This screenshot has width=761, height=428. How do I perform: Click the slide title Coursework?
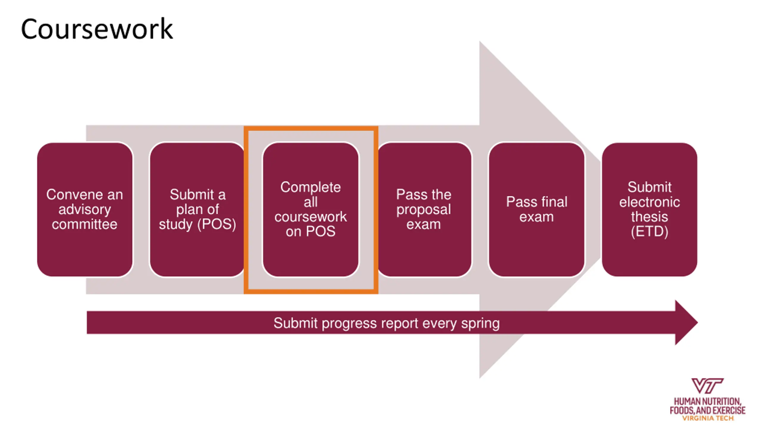97,29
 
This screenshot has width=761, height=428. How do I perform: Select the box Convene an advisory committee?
85,210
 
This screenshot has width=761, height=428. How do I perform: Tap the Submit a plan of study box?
197,210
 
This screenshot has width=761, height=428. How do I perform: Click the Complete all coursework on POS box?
311,210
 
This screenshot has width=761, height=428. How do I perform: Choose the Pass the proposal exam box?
424,210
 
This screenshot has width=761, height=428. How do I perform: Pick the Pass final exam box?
537,210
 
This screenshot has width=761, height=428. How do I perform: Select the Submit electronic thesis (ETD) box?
650,210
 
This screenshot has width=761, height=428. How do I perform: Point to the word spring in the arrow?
480,324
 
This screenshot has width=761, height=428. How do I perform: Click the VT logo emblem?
707,385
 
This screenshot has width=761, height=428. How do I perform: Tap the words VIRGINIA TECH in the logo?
708,418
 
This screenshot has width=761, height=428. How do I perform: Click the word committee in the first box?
85,224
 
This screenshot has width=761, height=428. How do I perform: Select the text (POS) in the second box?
217,224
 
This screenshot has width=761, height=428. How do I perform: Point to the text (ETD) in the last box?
650,232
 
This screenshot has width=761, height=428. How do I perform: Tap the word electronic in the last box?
650,202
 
